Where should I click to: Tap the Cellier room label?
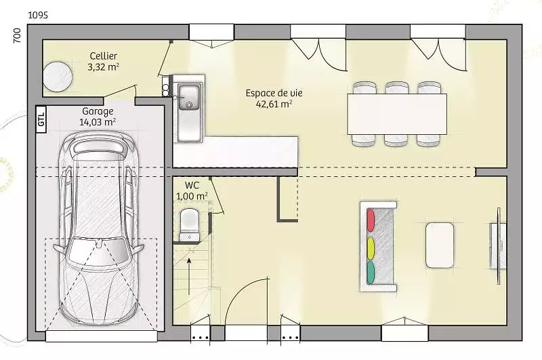coord(104,56)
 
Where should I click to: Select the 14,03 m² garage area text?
coord(98,122)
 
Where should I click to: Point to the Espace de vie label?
coord(274,93)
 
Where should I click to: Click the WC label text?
coord(192,186)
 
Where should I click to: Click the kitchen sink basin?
coord(189,97)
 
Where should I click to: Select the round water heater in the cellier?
coord(58,77)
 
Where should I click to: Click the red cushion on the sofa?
coord(370,220)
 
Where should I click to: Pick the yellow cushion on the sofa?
coord(370,248)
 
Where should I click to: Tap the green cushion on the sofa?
coord(370,273)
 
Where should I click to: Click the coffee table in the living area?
coord(439,245)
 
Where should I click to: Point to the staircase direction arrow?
coord(189,276)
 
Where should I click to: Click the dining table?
coord(397,114)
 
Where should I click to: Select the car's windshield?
coord(98,249)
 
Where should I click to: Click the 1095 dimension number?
coord(38,15)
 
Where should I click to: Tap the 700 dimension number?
coord(16,36)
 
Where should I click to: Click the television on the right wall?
coord(499,245)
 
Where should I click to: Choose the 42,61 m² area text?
coord(274,104)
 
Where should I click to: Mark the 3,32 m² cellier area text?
coord(104,66)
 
